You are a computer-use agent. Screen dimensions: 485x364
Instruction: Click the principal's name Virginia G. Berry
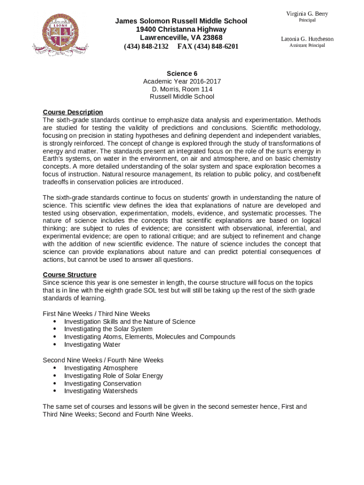tap(307, 14)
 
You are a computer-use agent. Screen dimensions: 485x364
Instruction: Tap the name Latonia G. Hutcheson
tap(307, 39)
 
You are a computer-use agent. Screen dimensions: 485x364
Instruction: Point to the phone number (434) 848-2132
tap(146, 46)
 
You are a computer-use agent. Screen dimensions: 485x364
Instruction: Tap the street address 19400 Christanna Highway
tap(182, 29)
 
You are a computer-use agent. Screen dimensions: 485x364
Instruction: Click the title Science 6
tap(182, 73)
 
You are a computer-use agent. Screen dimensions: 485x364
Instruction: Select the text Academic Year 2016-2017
tap(182, 81)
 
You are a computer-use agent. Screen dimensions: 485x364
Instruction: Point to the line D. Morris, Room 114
tap(182, 89)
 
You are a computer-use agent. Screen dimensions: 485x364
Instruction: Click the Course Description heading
tap(73, 112)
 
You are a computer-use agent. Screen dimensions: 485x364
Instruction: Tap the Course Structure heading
tap(69, 275)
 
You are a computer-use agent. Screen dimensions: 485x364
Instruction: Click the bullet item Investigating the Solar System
tap(108, 329)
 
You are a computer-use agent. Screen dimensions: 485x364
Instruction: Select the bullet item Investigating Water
tap(92, 345)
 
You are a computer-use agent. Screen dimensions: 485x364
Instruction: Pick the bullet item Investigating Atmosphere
tap(101, 368)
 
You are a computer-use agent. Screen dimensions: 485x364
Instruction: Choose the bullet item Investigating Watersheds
tap(101, 391)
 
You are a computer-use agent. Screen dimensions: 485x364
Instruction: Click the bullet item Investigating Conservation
tap(103, 384)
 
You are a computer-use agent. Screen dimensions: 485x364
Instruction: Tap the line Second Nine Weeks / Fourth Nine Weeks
tap(103, 360)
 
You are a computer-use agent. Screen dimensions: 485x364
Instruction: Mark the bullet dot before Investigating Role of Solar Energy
tap(55, 376)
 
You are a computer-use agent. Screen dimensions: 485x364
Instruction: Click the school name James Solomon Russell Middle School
tap(182, 21)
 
